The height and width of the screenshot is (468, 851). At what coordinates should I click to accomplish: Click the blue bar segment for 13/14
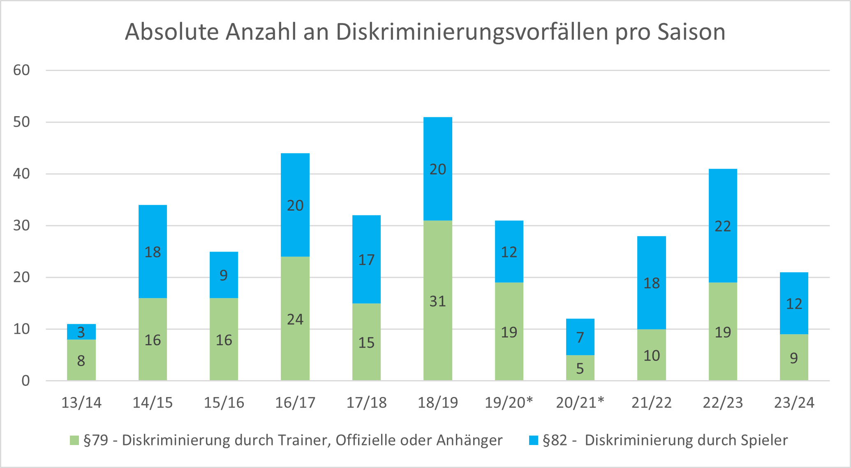coord(81,332)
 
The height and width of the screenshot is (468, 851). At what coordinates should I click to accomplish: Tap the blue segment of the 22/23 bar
coord(723,226)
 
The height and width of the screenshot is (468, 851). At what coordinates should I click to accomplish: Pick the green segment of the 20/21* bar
coord(580,367)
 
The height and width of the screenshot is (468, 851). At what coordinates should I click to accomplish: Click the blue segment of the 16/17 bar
coord(295,205)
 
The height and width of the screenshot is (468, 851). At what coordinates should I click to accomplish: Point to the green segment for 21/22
coord(652,355)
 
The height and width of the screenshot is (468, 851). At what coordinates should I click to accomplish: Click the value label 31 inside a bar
coord(438,301)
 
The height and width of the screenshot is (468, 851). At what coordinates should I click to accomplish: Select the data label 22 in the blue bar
coord(723,226)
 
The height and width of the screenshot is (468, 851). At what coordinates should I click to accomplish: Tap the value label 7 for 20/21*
coord(580,337)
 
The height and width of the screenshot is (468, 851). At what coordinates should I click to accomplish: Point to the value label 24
coord(295,319)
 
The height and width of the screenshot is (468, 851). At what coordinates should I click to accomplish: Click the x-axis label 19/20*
coord(509,403)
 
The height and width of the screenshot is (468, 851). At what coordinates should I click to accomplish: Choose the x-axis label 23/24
coord(794,403)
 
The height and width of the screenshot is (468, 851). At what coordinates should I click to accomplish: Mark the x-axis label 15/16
coord(224,403)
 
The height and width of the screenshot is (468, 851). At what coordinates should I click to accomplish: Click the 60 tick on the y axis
coord(21,70)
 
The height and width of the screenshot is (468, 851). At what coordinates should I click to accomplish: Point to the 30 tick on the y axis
coord(21,225)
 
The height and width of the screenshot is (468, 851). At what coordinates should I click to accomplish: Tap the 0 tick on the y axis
coord(25,381)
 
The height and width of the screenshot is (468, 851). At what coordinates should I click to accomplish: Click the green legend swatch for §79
coord(74,440)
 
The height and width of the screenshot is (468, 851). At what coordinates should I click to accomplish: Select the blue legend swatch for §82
coord(533,440)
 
